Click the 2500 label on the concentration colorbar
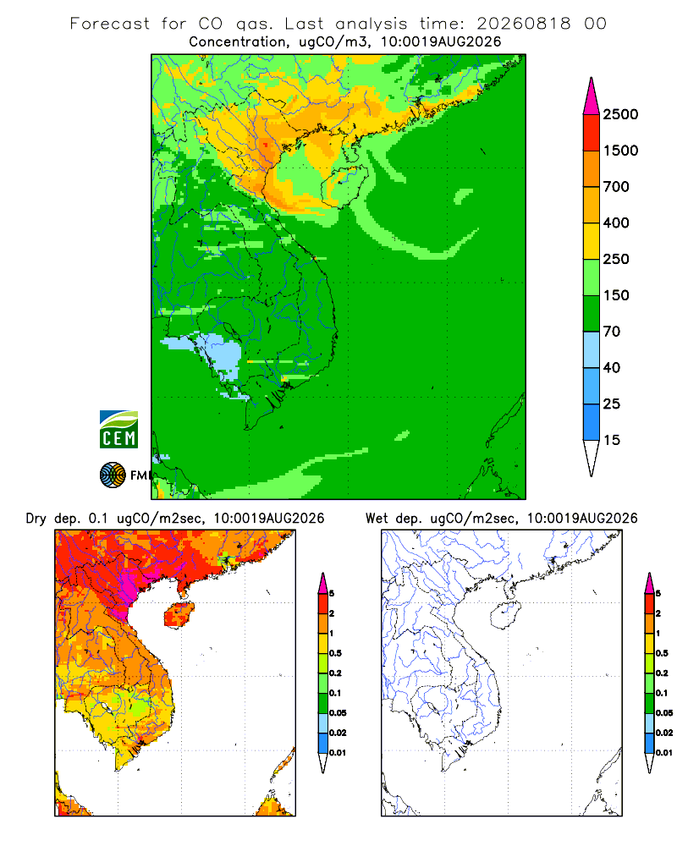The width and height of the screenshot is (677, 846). point(620,114)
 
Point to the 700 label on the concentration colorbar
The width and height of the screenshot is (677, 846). point(616,187)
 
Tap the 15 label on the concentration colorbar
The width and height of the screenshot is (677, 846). point(612,440)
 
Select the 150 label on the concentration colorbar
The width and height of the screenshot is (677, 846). point(616,295)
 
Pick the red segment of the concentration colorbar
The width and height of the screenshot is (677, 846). point(592,133)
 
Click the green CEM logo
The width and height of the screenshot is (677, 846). point(118,430)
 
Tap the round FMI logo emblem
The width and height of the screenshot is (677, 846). point(113,475)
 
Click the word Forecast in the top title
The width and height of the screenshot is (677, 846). point(110,24)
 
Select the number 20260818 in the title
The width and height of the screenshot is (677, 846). point(523,24)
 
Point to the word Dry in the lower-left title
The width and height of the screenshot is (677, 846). point(36,519)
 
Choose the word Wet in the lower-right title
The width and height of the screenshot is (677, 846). point(377,519)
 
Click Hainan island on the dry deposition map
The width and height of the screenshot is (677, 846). point(179,615)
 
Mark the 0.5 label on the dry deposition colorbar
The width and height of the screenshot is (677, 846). point(335,653)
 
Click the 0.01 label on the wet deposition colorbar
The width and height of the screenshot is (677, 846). point(664,753)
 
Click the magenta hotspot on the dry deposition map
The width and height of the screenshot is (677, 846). point(128,588)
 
